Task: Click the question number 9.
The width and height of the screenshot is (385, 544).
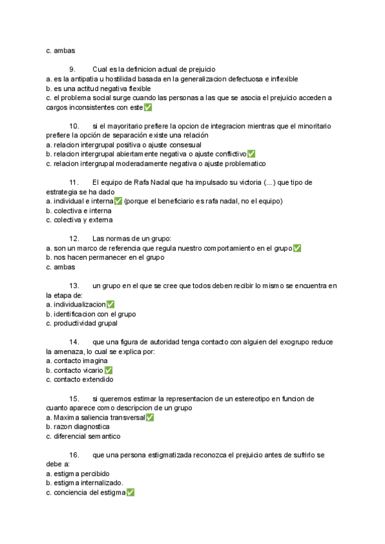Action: tap(73, 69)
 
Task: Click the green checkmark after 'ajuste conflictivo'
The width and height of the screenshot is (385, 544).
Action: tap(251, 154)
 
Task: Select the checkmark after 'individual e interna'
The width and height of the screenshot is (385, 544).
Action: tap(118, 201)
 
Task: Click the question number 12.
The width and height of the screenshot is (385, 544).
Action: tap(74, 239)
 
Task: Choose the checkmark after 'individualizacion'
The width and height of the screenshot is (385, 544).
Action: tap(110, 304)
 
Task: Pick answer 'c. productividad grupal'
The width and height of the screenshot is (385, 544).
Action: tap(81, 323)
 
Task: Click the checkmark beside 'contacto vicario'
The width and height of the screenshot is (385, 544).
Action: tap(108, 370)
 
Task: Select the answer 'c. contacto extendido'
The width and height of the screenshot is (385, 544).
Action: tap(80, 380)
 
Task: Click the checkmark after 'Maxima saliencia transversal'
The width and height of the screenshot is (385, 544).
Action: tap(150, 418)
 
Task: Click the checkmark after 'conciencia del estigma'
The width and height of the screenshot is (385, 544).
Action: tap(130, 493)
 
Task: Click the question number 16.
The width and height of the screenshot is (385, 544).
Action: tap(74, 455)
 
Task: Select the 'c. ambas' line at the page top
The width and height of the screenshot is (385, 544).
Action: tap(60, 49)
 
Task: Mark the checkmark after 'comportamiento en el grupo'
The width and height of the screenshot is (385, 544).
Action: tap(296, 248)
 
